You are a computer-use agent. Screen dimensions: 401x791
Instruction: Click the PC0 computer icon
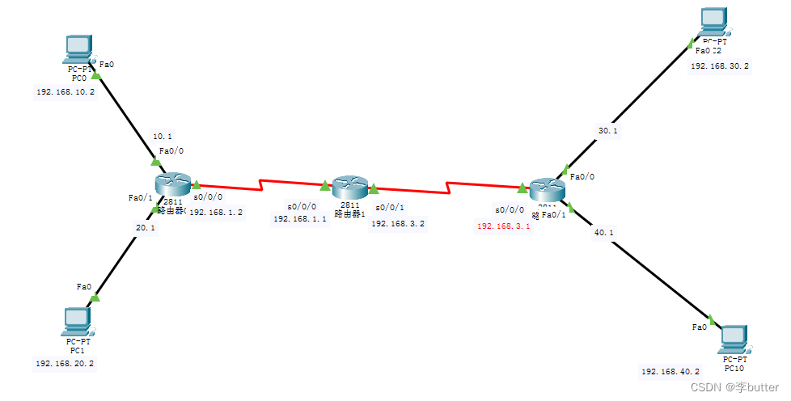point(78,49)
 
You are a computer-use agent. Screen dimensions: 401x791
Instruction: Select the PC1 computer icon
point(78,320)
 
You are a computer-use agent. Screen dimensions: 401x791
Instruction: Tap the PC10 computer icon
point(733,339)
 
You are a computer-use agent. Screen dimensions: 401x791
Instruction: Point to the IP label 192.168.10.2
point(66,92)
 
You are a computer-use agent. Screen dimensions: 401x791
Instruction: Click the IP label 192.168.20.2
point(66,364)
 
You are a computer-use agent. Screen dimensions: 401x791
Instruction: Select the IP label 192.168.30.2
point(720,66)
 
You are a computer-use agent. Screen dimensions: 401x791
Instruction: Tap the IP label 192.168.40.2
point(670,372)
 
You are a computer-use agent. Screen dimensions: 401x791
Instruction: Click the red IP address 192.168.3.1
point(504,226)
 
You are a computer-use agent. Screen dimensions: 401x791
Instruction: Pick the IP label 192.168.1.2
point(216,212)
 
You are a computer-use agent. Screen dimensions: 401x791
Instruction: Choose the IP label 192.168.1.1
point(300,218)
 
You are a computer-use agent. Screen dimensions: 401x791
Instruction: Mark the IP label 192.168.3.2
point(398,223)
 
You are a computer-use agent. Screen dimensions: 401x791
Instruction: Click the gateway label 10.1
point(162,136)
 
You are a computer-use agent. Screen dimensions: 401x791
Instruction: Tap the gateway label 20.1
point(146,228)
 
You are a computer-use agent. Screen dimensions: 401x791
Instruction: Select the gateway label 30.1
point(607,130)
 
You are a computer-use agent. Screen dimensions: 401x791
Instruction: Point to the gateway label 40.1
point(604,233)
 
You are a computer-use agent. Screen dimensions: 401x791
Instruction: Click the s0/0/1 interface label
point(389,207)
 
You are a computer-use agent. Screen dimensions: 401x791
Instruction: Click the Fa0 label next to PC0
point(106,62)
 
